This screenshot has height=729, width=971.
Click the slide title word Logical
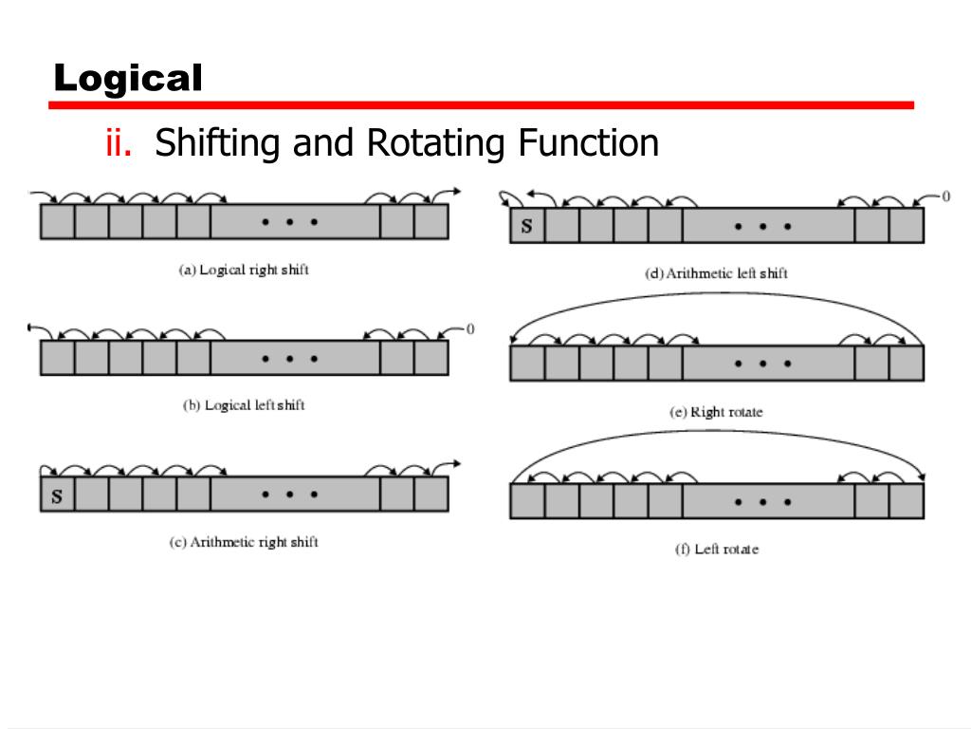[x=128, y=78]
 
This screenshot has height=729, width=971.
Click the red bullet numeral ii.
[x=118, y=143]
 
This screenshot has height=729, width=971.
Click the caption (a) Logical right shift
[x=245, y=270]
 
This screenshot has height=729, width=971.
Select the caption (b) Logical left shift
[x=244, y=405]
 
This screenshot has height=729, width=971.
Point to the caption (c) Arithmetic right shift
[x=244, y=542]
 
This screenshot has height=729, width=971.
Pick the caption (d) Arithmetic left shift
[x=716, y=273]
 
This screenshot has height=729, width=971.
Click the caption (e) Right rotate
[x=716, y=412]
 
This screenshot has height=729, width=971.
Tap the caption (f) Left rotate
[x=716, y=550]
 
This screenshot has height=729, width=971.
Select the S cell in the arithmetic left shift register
[x=527, y=227]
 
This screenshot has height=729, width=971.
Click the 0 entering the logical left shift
[x=470, y=329]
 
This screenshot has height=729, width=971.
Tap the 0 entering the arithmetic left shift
[x=945, y=196]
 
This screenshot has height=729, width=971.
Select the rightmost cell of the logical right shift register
[x=431, y=222]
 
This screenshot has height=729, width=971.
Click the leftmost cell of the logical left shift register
[x=57, y=358]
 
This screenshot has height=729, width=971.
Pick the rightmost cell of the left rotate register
[x=907, y=501]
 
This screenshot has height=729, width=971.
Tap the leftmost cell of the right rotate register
[x=527, y=364]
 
